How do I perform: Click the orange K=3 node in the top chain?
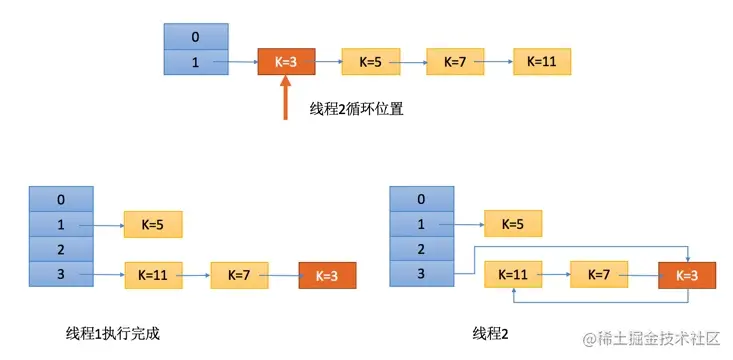pos(285,61)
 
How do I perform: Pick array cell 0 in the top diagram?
pos(195,37)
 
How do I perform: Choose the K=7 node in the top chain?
pos(455,61)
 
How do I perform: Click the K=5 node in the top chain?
pos(370,61)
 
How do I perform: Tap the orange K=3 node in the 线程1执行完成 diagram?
pos(327,273)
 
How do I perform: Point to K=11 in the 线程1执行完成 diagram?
pos(153,273)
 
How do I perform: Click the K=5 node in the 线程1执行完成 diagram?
pos(153,224)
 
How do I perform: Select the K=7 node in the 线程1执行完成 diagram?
pos(240,273)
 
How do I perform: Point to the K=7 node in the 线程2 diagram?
pos(599,273)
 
